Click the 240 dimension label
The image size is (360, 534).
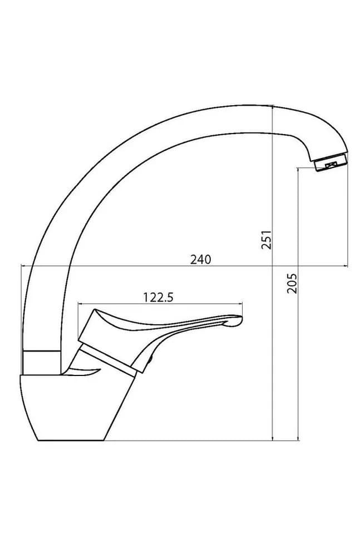200,260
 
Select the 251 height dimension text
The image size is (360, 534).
267,240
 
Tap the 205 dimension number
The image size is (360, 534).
292,283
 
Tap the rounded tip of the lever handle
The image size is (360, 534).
238,320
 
